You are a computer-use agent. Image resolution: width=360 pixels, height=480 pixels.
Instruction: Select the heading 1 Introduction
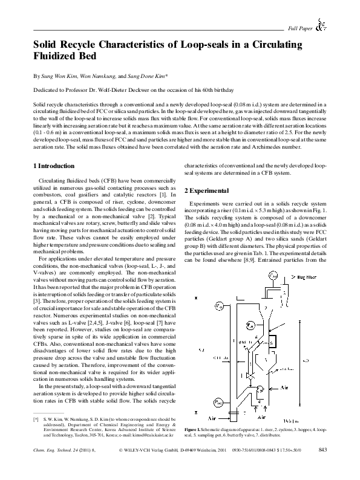click(53, 165)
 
